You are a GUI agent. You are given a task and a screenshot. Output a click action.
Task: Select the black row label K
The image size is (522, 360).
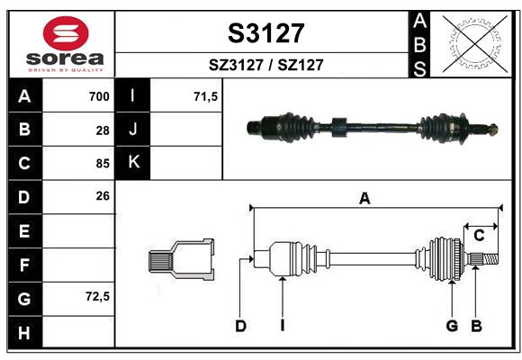[x=134, y=163]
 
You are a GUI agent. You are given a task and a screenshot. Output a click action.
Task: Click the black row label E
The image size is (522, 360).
[x=24, y=231]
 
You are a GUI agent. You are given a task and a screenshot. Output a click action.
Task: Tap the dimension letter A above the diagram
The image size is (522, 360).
[x=364, y=199]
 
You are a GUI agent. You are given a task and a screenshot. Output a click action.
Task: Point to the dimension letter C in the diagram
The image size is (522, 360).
[x=480, y=236]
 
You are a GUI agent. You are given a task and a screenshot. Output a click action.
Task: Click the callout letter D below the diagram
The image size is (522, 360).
[x=240, y=326]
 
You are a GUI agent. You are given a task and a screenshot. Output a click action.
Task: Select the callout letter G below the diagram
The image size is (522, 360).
[x=452, y=326]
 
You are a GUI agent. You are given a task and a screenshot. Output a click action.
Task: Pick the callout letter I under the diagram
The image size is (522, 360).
[x=282, y=326]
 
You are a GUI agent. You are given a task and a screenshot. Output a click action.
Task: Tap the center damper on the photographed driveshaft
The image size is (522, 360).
[x=338, y=127]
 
